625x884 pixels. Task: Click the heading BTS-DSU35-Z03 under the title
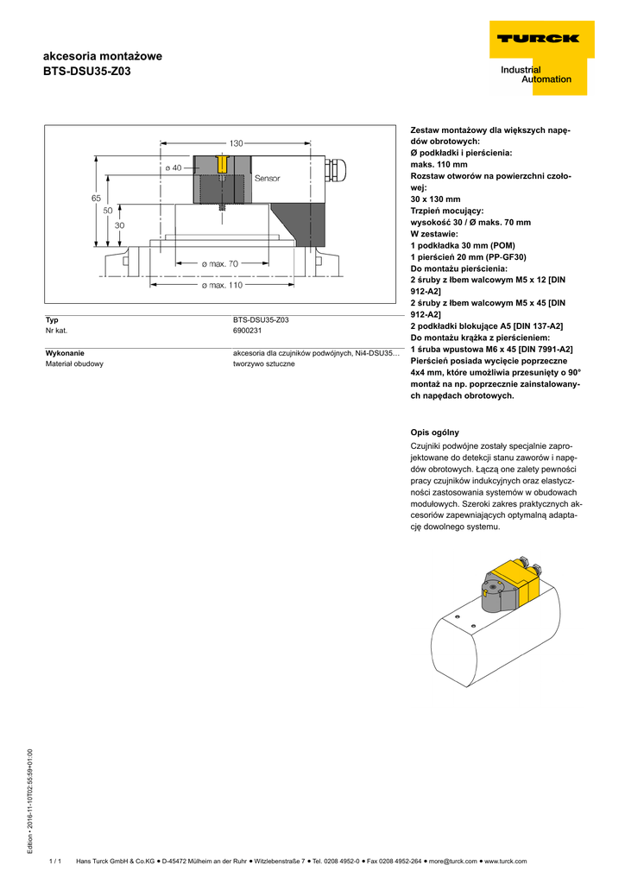(87, 72)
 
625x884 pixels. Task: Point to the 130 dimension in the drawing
(237, 142)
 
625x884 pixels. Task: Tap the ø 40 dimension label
(174, 168)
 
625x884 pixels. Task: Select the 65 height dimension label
(96, 198)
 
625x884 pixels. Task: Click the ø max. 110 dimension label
(223, 285)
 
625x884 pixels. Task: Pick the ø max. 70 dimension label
(219, 263)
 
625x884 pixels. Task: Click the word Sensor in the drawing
(267, 178)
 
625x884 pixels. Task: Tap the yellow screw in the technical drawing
(223, 164)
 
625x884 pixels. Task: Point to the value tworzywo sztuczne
(263, 363)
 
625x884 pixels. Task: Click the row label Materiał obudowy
(74, 363)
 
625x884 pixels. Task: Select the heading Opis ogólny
(434, 432)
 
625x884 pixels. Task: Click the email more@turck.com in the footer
(452, 861)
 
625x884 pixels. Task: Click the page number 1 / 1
(55, 861)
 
